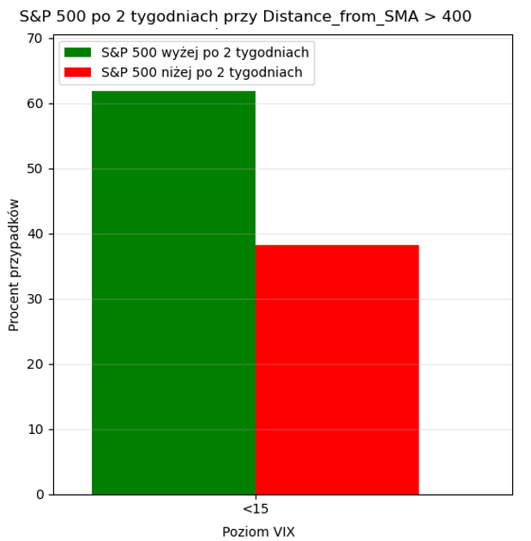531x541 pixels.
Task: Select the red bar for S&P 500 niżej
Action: point(337,370)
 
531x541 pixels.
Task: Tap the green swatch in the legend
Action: point(78,52)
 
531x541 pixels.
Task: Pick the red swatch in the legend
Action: point(78,73)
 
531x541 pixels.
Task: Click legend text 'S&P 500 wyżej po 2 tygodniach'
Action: point(205,52)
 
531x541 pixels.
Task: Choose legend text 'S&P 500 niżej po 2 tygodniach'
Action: point(202,73)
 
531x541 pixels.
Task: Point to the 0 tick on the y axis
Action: point(39,495)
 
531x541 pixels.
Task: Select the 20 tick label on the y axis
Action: point(36,364)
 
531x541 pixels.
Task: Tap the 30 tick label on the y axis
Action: point(36,299)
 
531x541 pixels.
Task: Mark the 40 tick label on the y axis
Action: point(36,234)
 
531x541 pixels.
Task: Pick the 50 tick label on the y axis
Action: point(36,169)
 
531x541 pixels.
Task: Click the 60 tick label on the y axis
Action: point(36,104)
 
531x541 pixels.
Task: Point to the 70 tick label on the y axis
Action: point(36,39)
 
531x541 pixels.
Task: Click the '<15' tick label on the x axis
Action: point(256,509)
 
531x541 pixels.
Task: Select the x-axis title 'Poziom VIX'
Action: point(258,532)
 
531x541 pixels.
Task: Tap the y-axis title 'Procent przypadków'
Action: point(15,265)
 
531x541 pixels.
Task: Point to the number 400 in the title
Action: point(456,16)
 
